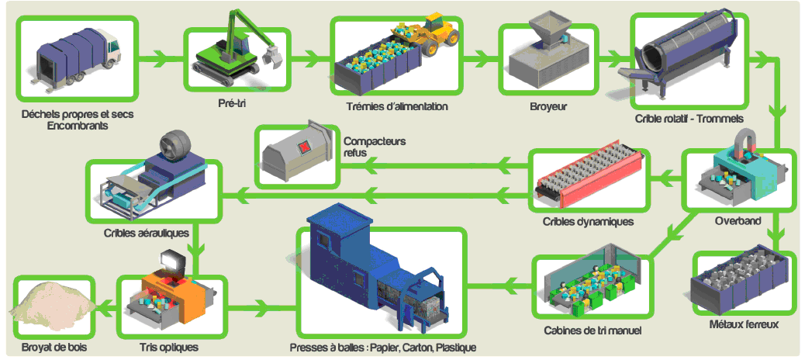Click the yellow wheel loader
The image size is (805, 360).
click(434, 35)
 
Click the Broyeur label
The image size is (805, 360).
click(548, 106)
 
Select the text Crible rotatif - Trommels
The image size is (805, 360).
click(689, 119)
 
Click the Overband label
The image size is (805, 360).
click(738, 220)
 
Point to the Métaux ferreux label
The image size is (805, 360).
click(743, 324)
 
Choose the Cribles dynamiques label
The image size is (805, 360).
click(588, 222)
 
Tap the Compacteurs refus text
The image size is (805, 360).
click(374, 147)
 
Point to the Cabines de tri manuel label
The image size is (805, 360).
click(593, 332)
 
